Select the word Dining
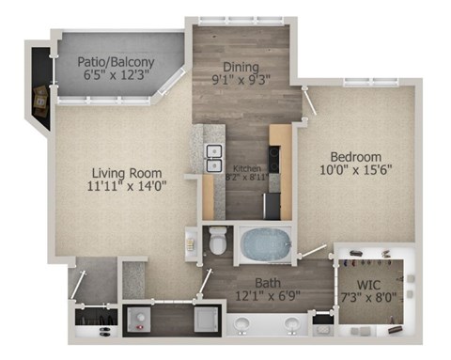[x=247, y=66]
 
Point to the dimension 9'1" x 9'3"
[x=247, y=81]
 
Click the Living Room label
[x=128, y=173]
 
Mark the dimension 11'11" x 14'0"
[x=128, y=187]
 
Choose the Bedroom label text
[x=354, y=155]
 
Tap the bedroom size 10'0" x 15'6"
[x=354, y=170]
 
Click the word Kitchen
[x=247, y=169]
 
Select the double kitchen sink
[x=213, y=157]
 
